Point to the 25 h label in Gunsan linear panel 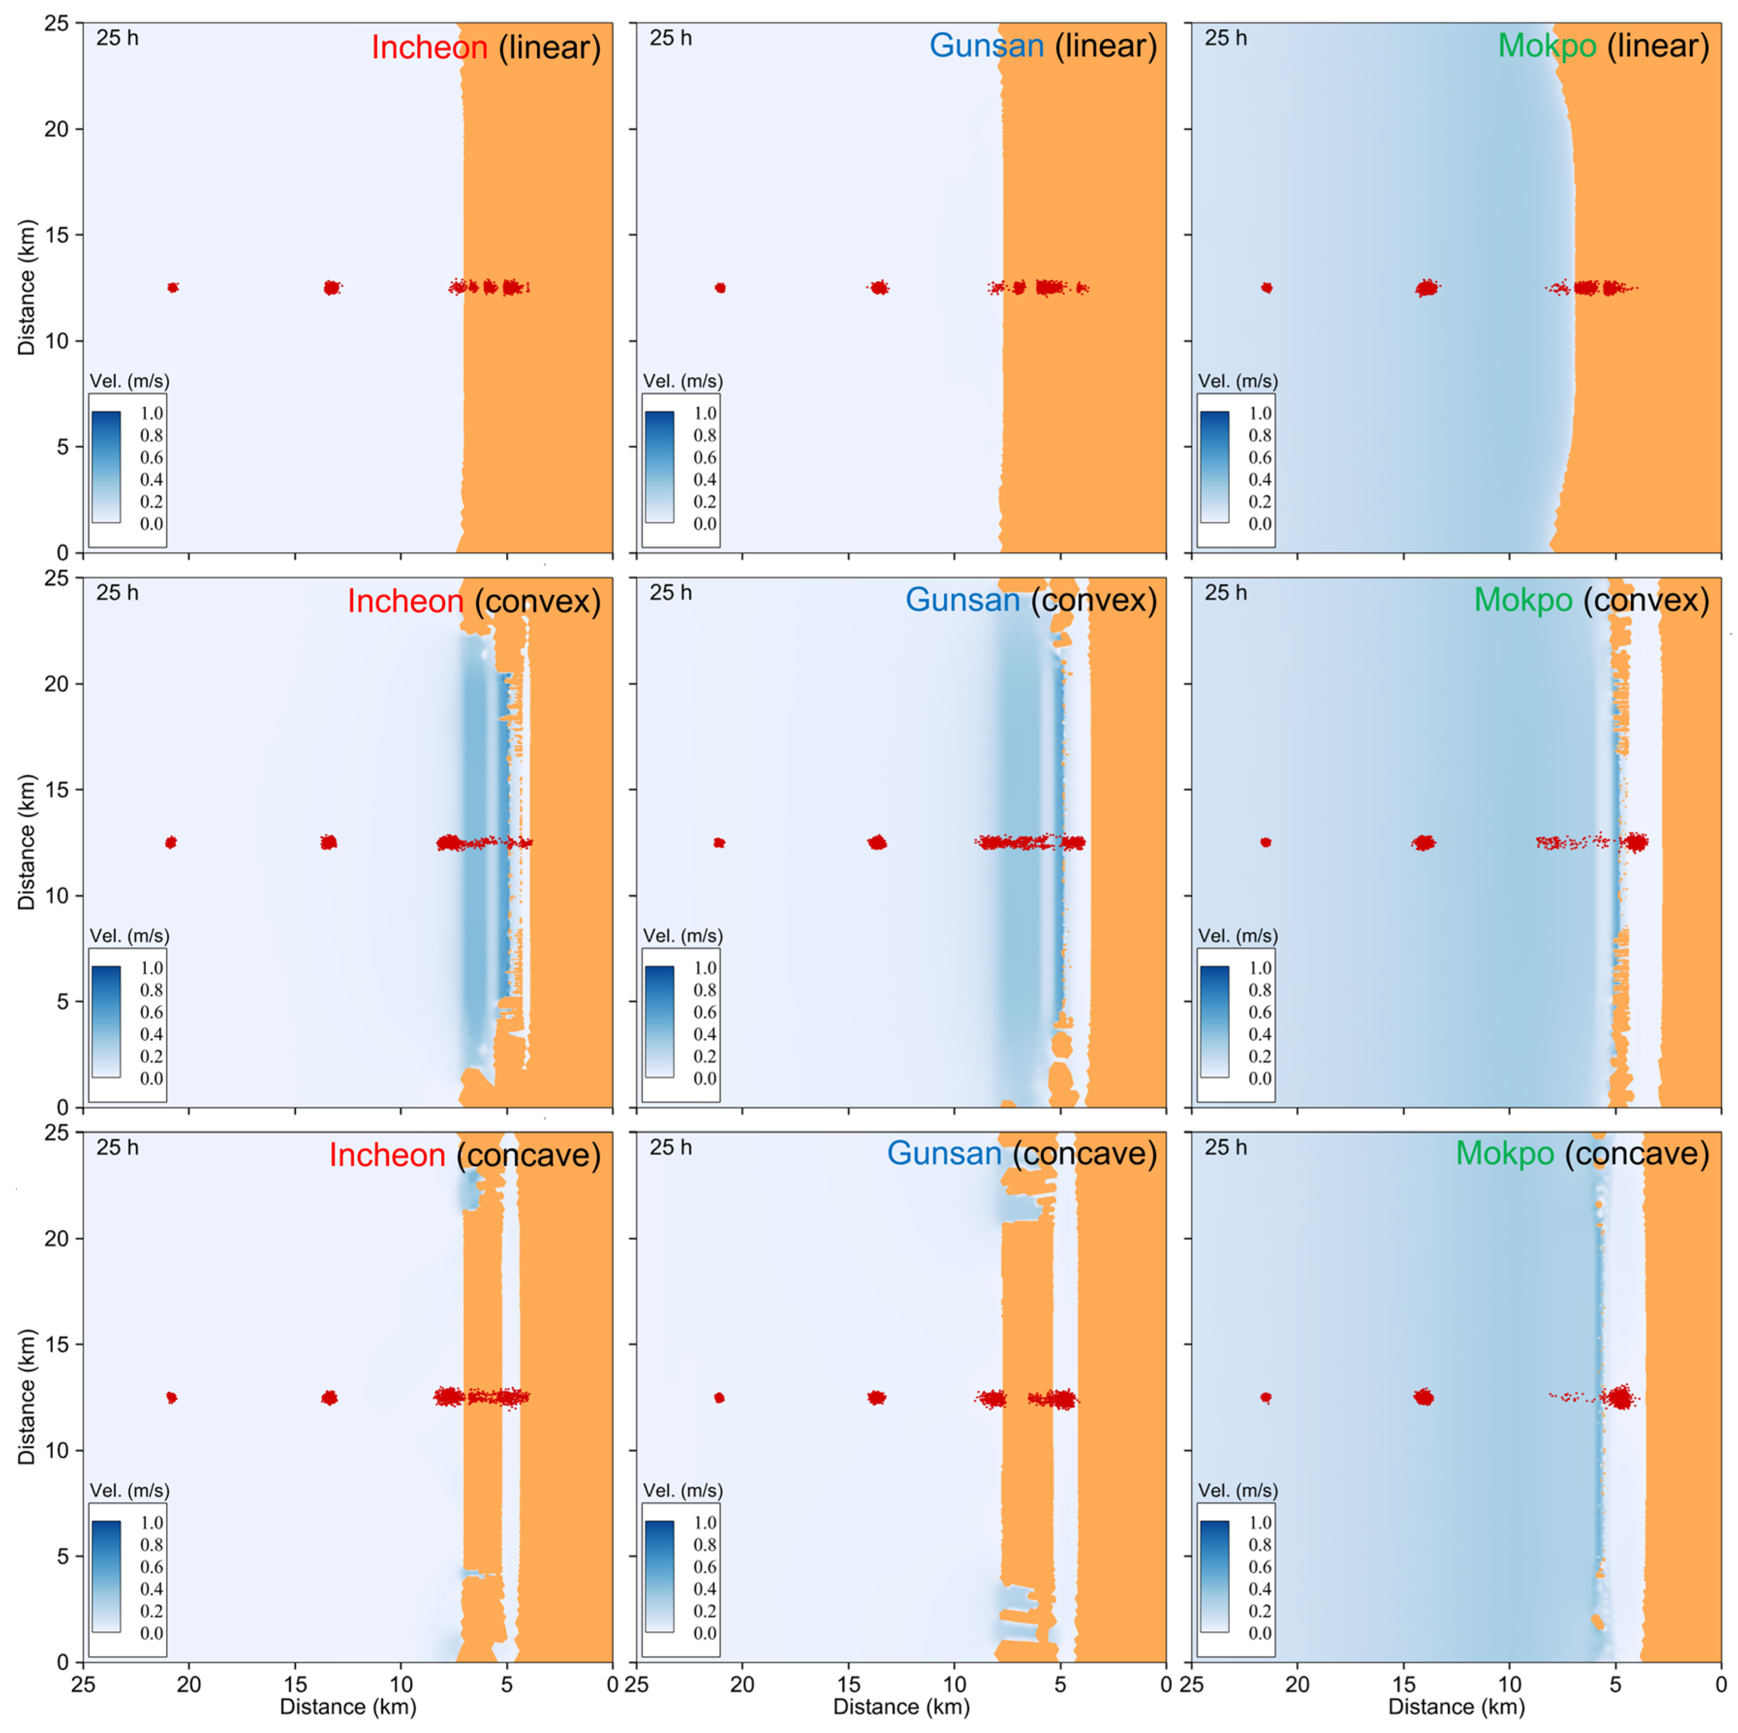click(x=670, y=38)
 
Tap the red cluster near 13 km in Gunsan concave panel click(x=877, y=1397)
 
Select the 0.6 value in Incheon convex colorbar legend click(x=151, y=1011)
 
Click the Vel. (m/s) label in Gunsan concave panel click(x=682, y=1490)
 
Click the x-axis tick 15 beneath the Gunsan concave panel click(x=849, y=1683)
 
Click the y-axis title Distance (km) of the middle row click(x=27, y=842)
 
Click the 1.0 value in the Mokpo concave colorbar click(x=1260, y=1523)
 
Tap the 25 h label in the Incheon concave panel click(x=117, y=1147)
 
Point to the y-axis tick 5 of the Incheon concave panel click(x=63, y=1556)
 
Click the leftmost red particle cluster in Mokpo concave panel click(x=1266, y=1397)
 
